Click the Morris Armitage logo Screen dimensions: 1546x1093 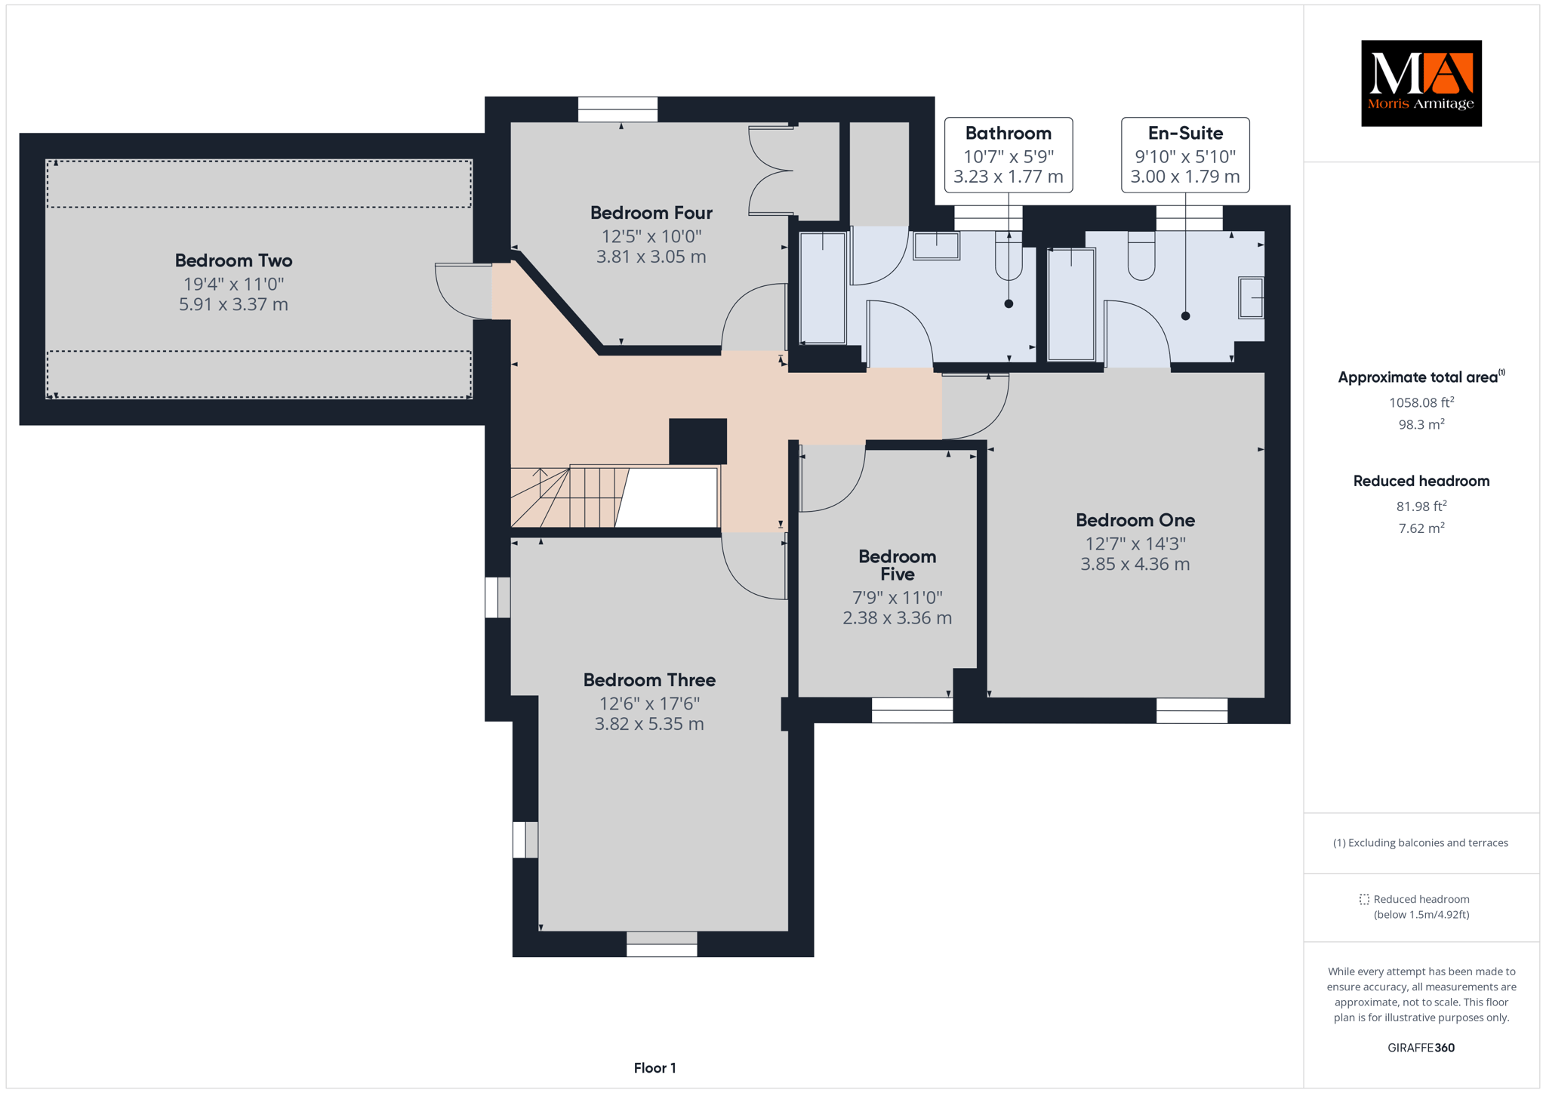coord(1421,83)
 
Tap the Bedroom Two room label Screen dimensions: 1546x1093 coord(233,260)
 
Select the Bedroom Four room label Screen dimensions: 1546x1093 coord(651,213)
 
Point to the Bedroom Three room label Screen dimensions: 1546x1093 coord(649,680)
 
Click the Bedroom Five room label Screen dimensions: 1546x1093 coord(897,565)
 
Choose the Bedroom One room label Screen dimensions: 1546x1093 coord(1135,520)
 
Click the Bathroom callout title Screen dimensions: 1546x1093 coord(1008,134)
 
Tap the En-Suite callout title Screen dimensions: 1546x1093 coord(1185,134)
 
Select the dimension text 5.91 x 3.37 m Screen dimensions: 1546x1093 coord(233,304)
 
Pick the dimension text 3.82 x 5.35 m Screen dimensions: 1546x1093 coord(649,724)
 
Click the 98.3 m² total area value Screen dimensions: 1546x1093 coord(1421,424)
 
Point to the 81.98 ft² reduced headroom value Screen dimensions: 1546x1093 coord(1421,506)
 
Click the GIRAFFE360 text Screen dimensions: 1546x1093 coord(1421,1048)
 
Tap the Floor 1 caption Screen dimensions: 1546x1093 coord(654,1068)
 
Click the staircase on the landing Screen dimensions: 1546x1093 coord(614,497)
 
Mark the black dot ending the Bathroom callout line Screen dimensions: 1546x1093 coord(1009,304)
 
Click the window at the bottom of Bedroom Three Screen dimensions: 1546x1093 coord(661,944)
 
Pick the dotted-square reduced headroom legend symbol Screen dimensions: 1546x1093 coord(1364,899)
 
